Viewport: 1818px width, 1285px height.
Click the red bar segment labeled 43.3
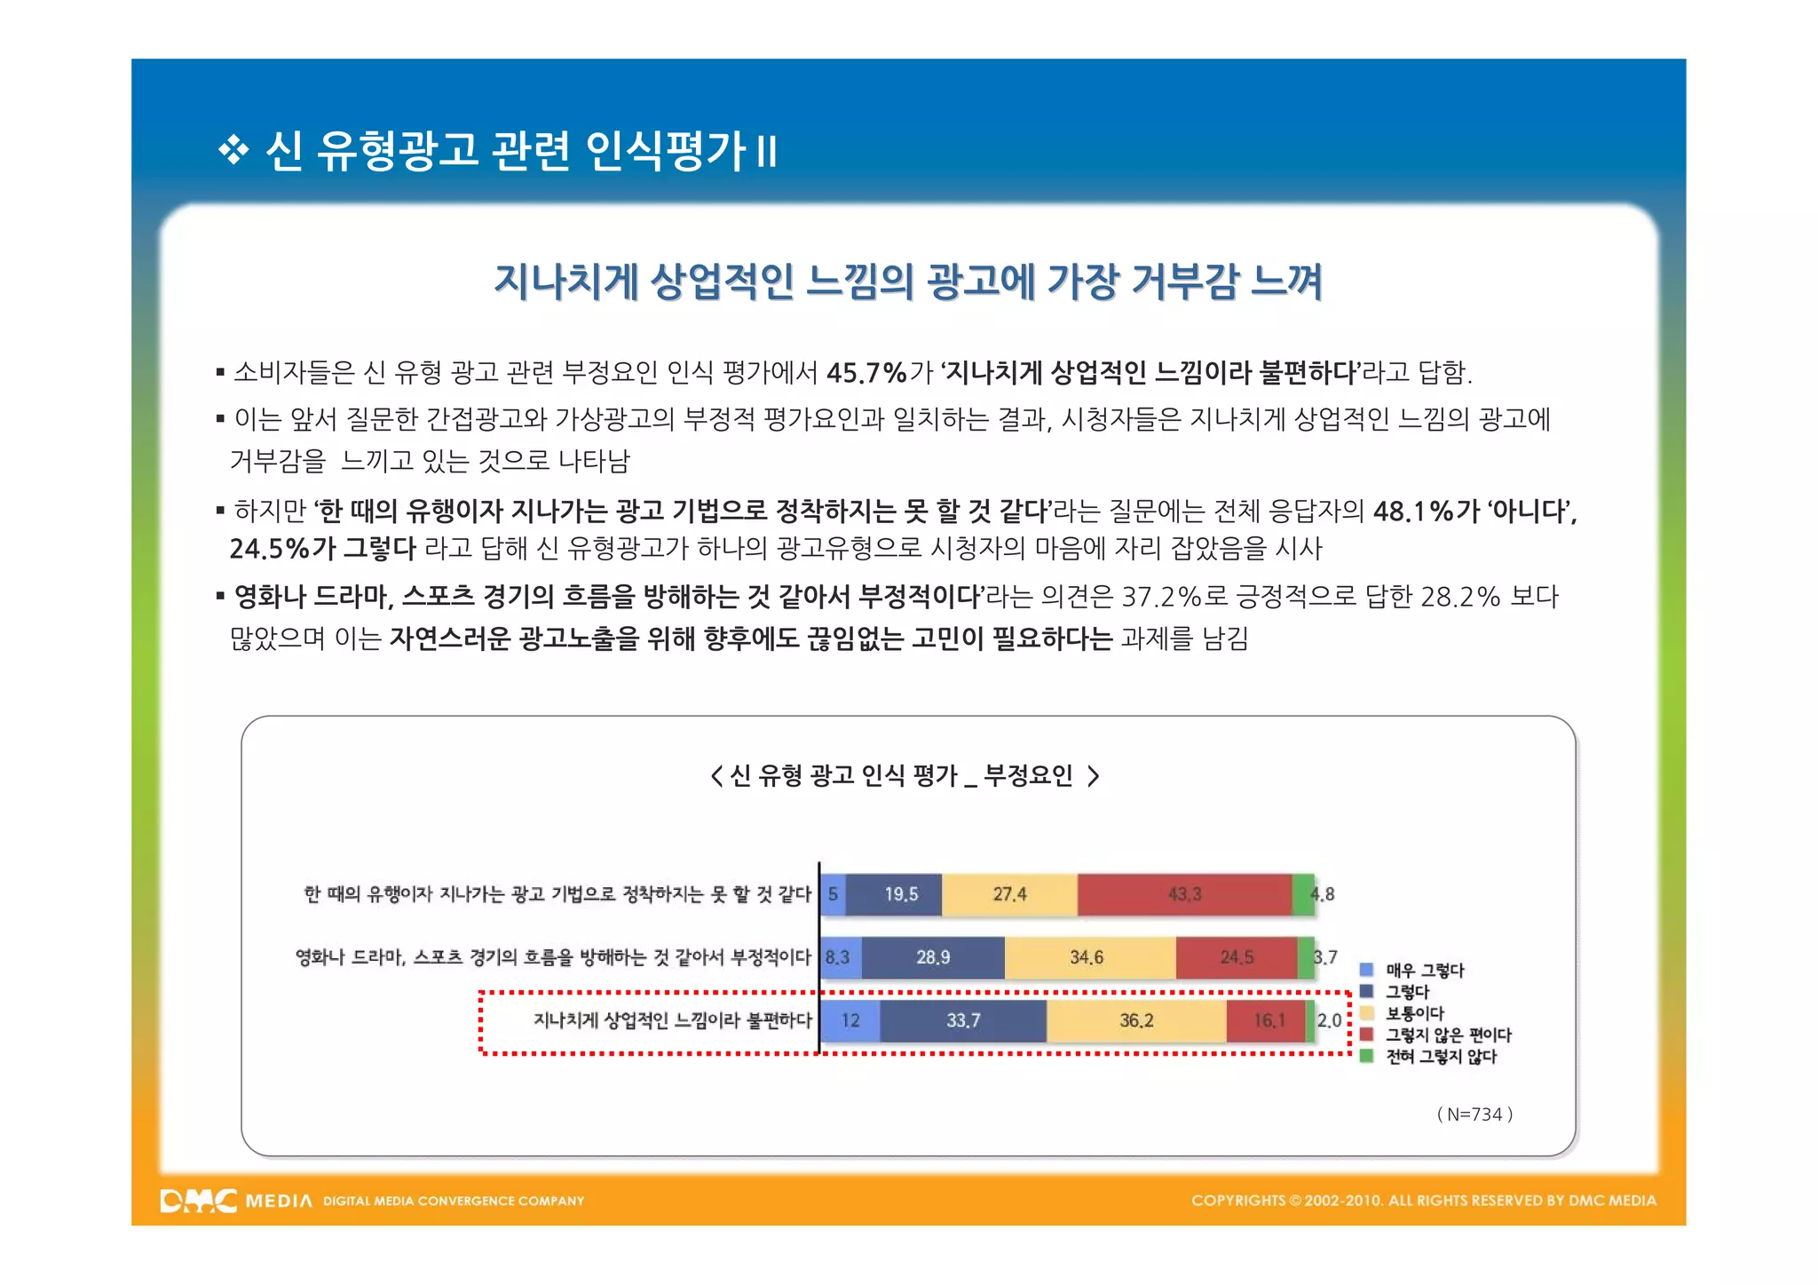click(x=1184, y=894)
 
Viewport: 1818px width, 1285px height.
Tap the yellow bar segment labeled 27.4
click(x=1009, y=894)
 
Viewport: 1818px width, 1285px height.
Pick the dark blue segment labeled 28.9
click(x=933, y=957)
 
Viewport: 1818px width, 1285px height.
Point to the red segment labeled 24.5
click(x=1237, y=957)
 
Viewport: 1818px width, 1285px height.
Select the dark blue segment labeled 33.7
click(x=963, y=1020)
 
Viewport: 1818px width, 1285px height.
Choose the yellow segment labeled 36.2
click(x=1136, y=1020)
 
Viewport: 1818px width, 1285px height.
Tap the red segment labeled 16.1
click(x=1266, y=1020)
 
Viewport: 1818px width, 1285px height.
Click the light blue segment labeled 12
click(x=850, y=1020)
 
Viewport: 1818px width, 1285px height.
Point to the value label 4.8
click(x=1324, y=894)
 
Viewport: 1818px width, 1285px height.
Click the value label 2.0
click(x=1329, y=1020)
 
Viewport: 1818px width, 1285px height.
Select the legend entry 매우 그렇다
click(x=1424, y=971)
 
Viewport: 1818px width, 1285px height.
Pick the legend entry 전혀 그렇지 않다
click(x=1441, y=1057)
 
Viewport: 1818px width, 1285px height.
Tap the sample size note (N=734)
click(x=1474, y=1114)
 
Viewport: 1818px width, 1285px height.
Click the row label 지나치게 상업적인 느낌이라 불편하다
click(x=672, y=1020)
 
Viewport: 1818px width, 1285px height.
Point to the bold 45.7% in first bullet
click(x=866, y=372)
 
